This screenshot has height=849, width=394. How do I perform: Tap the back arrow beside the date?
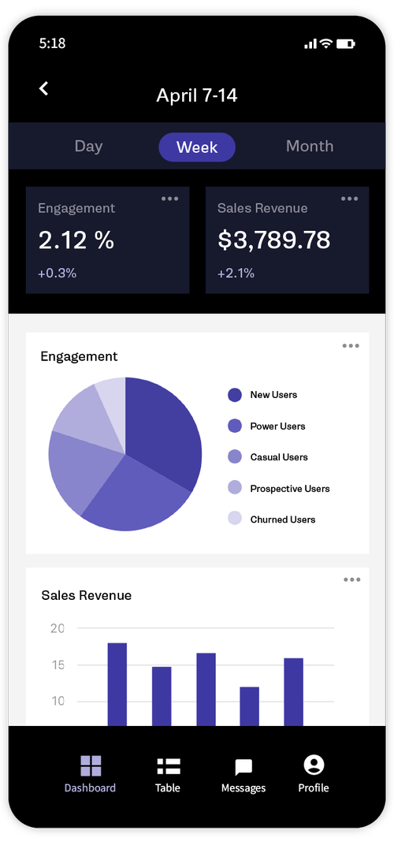click(44, 89)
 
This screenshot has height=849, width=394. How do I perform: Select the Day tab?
click(88, 147)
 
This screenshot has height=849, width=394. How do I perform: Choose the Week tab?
click(197, 147)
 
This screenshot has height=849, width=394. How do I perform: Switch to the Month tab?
click(310, 147)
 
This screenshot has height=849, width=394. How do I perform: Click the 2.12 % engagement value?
click(76, 240)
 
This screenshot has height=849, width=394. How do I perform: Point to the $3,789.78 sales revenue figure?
click(273, 240)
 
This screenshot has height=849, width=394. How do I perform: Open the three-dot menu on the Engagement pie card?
click(351, 346)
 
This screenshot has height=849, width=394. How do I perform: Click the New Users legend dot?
click(235, 395)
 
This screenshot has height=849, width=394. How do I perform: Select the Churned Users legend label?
click(282, 519)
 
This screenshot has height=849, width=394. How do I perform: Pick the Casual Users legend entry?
click(278, 457)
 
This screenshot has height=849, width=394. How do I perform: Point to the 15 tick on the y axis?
click(58, 665)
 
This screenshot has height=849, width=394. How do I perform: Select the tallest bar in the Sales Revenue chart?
click(117, 683)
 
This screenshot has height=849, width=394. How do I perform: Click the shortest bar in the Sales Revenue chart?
click(250, 706)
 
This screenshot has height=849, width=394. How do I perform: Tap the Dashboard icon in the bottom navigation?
click(91, 765)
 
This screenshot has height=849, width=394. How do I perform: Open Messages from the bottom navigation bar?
click(243, 767)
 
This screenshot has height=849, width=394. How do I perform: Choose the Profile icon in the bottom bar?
click(314, 765)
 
